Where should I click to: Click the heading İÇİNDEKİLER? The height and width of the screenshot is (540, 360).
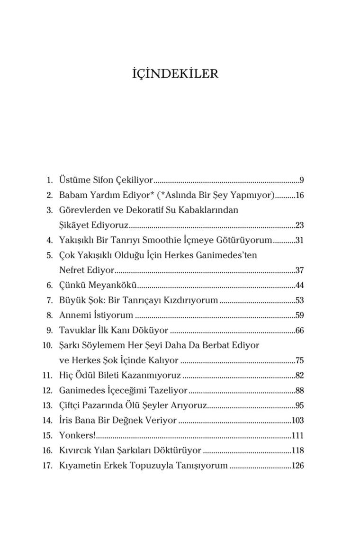(x=175, y=74)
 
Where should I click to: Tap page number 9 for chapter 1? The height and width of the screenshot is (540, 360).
(x=301, y=180)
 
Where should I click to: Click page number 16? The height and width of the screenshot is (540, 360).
(x=299, y=195)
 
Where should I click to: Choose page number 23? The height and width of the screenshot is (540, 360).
(x=299, y=225)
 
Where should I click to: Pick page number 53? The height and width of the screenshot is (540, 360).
(x=299, y=300)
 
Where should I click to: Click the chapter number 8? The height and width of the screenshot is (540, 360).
(x=49, y=315)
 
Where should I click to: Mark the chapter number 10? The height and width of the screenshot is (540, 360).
(x=47, y=345)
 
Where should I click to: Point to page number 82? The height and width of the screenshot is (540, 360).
(x=299, y=376)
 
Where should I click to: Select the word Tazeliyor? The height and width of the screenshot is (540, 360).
(x=168, y=391)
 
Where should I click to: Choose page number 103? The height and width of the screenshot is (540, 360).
(x=297, y=421)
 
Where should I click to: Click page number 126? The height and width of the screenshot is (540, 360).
(x=297, y=466)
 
